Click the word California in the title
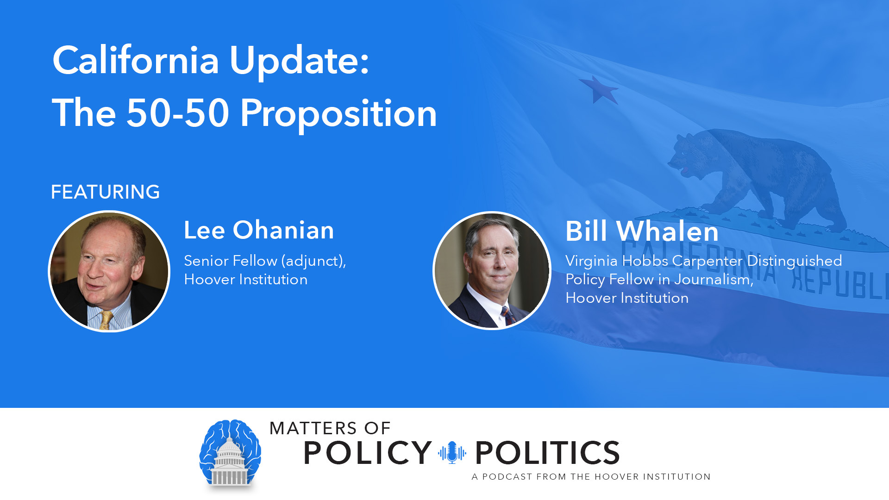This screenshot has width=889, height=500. tap(136, 60)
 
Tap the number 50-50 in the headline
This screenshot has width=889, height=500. tap(178, 113)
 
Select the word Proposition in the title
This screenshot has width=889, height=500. tap(339, 114)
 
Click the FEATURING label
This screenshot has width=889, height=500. tap(105, 192)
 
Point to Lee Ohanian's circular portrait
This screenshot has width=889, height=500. tap(109, 271)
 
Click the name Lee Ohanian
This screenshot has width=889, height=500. tap(259, 230)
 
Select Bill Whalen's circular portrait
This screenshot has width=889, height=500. tap(492, 271)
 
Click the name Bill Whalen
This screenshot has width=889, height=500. tap(642, 231)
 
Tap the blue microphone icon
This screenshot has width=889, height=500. tap(452, 452)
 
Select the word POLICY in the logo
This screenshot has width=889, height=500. tap(368, 453)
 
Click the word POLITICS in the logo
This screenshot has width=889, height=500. tap(548, 453)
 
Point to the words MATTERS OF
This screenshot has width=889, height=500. tap(330, 428)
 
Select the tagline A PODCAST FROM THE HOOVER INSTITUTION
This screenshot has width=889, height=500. tap(591, 477)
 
